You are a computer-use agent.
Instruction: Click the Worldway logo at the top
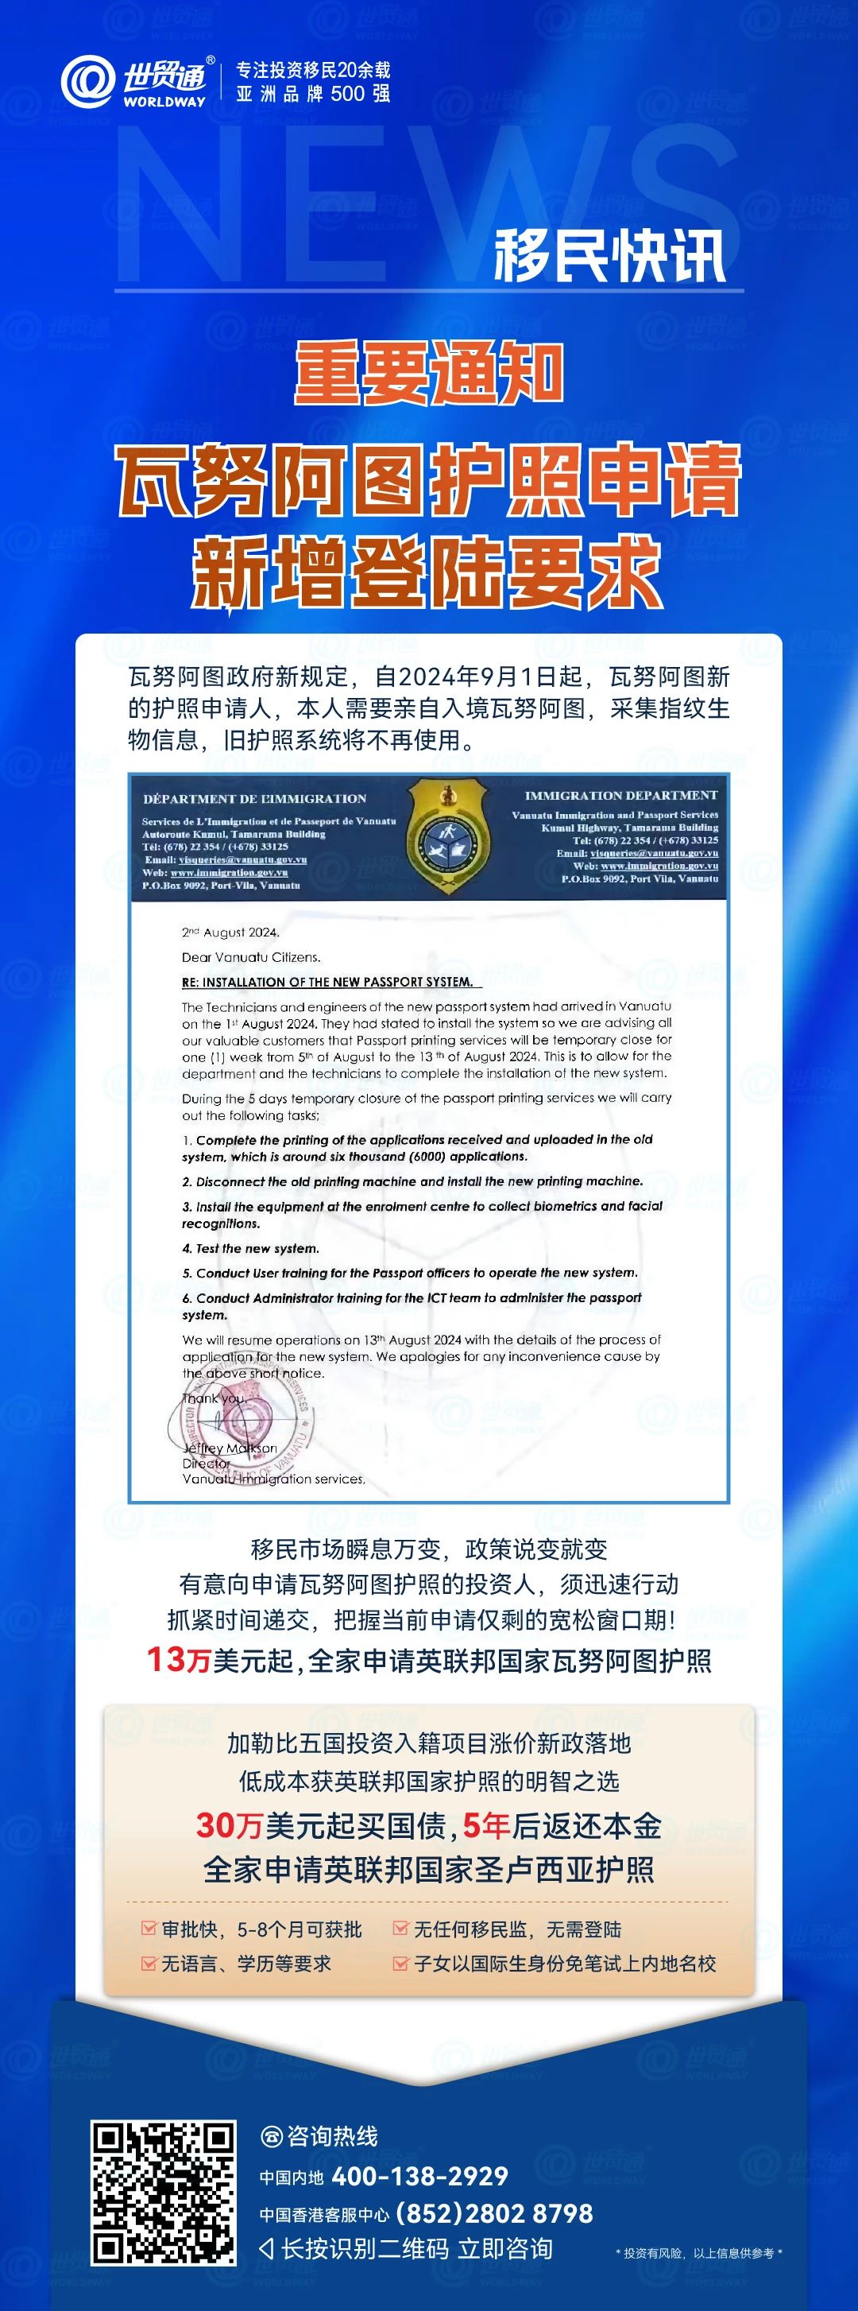click(x=134, y=82)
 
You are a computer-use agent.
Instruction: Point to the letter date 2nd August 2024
click(x=230, y=933)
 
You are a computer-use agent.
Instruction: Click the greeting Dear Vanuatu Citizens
click(x=251, y=956)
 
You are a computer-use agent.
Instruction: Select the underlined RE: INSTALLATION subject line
click(x=327, y=982)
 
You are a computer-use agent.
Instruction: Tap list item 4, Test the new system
click(x=250, y=1248)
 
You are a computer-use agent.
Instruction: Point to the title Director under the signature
click(x=207, y=1464)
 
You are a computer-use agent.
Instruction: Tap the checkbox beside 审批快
click(x=149, y=1929)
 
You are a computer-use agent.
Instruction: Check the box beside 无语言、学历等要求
click(x=149, y=1963)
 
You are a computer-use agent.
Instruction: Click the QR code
click(x=163, y=2193)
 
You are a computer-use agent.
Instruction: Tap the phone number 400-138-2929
click(x=419, y=2177)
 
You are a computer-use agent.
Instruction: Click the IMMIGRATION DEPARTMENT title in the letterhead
click(x=620, y=795)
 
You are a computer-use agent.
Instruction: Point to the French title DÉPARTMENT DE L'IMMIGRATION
click(x=255, y=798)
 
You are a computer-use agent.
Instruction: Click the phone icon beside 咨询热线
click(x=271, y=2137)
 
